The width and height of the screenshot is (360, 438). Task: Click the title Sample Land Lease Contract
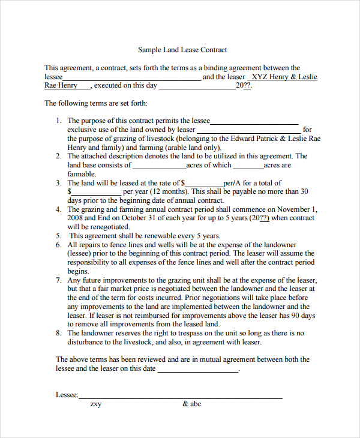pyautogui.click(x=182, y=50)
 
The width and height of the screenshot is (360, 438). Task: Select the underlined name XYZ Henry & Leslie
pyautogui.click(x=284, y=77)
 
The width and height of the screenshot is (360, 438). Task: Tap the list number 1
pyautogui.click(x=59, y=121)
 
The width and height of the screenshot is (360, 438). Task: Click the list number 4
pyautogui.click(x=59, y=209)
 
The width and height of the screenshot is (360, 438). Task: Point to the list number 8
pyautogui.click(x=59, y=333)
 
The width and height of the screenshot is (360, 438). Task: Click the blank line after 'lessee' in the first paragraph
pyautogui.click(x=131, y=78)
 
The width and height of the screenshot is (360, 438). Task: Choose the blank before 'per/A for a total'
pyautogui.click(x=204, y=184)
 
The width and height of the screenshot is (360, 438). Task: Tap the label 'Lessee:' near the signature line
pyautogui.click(x=67, y=395)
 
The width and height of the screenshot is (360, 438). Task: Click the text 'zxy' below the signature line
pyautogui.click(x=96, y=404)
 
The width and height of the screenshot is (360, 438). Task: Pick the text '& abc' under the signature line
pyautogui.click(x=192, y=404)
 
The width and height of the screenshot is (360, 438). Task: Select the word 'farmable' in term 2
pyautogui.click(x=81, y=174)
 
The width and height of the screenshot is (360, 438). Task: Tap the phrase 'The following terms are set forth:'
pyautogui.click(x=96, y=103)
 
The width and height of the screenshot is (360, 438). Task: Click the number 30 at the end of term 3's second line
pyautogui.click(x=304, y=192)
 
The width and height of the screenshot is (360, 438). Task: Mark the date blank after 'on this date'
pyautogui.click(x=197, y=370)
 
